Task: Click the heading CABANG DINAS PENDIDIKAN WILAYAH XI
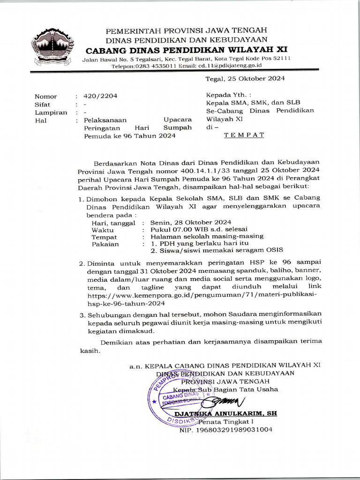click(x=186, y=49)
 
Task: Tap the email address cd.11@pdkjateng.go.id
click(x=217, y=66)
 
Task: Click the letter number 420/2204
click(x=100, y=96)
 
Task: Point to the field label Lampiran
click(x=49, y=112)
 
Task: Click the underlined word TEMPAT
click(x=244, y=135)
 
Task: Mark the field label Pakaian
click(x=105, y=244)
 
